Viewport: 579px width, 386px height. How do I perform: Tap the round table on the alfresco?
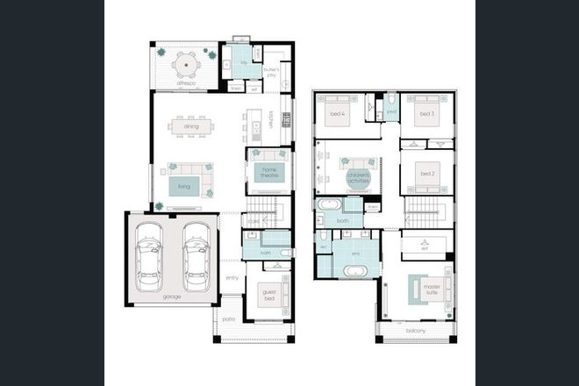(x=185, y=64)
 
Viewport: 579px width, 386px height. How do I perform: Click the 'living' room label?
(x=183, y=186)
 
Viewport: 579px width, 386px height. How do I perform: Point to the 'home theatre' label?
(x=269, y=172)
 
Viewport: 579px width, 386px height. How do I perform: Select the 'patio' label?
(x=229, y=320)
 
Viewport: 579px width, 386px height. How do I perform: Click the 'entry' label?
(x=232, y=278)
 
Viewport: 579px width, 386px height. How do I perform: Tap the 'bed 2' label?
(x=427, y=174)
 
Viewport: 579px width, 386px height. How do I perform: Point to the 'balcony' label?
(x=416, y=331)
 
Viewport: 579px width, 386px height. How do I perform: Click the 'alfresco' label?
(x=182, y=86)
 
